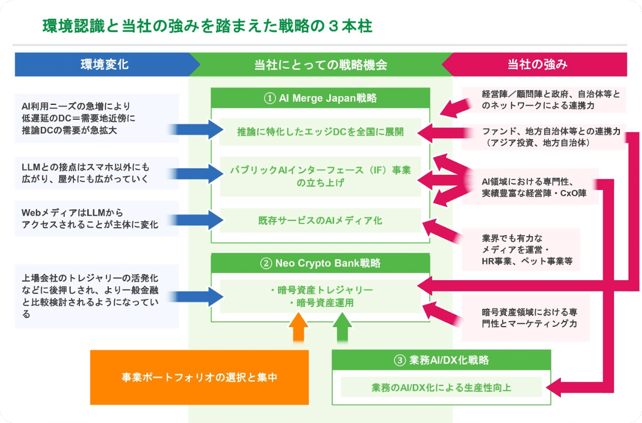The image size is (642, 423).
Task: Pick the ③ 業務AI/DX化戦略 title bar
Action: click(441, 360)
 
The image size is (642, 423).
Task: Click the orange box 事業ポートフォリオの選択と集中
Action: click(199, 377)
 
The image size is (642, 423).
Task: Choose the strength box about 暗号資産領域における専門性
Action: click(525, 318)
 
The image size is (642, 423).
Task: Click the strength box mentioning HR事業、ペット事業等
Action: click(521, 250)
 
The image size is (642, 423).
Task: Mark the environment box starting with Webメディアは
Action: click(96, 218)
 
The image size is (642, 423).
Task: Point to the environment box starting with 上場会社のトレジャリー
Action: click(96, 296)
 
